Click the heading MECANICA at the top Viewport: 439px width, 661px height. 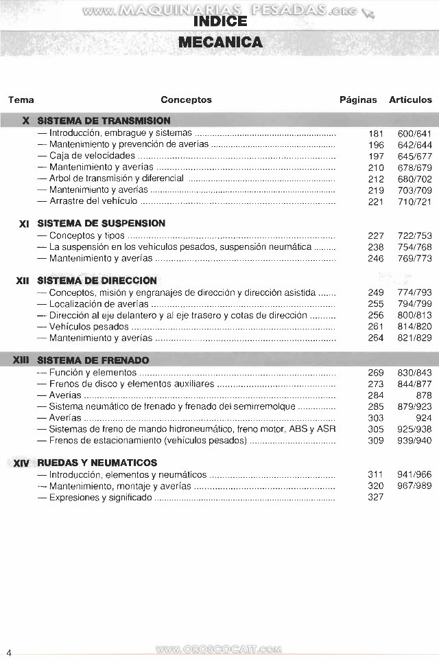[x=219, y=43]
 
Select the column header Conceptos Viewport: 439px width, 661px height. [x=186, y=100]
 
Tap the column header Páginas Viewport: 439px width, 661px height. [x=358, y=100]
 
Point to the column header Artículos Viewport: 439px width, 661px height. [x=410, y=100]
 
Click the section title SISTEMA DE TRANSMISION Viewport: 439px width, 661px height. [x=104, y=120]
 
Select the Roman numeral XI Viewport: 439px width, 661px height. [x=24, y=224]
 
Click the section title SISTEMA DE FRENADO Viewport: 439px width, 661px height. [x=93, y=360]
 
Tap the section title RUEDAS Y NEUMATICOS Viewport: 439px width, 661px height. [x=97, y=463]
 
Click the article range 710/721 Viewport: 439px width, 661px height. [x=415, y=201]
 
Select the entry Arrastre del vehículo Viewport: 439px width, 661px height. [x=93, y=201]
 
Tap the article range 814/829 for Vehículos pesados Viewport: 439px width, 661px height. [x=415, y=326]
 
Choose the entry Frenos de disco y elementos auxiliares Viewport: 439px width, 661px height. [x=131, y=384]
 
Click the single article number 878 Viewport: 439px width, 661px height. [x=424, y=395]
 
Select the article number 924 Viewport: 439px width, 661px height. [x=424, y=417]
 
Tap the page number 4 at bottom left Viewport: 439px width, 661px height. [x=9, y=651]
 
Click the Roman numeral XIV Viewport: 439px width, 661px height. [x=21, y=463]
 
